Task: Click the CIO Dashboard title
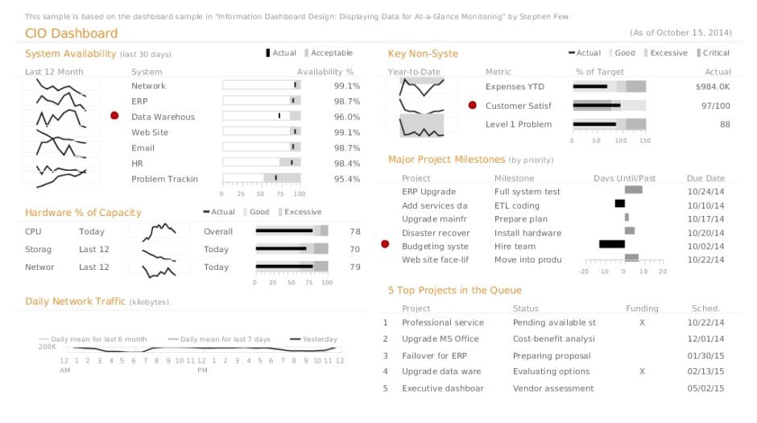tap(71, 34)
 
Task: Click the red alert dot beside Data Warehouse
tap(114, 117)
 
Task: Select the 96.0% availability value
tap(346, 117)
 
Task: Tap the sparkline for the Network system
tap(61, 85)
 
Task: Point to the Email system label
tap(143, 147)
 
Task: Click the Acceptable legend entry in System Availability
tap(329, 53)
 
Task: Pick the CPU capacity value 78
tap(354, 231)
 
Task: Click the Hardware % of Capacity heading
tap(83, 213)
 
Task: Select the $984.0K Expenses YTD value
tap(713, 86)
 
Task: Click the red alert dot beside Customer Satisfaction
tap(472, 106)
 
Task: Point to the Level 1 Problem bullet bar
tap(609, 124)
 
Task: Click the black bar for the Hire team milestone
tap(611, 244)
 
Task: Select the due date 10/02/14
tap(705, 247)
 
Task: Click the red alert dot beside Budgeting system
tap(384, 244)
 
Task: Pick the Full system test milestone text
tap(527, 192)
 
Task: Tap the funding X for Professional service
tap(642, 322)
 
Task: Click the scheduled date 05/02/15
tap(705, 388)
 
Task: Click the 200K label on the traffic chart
tap(48, 347)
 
